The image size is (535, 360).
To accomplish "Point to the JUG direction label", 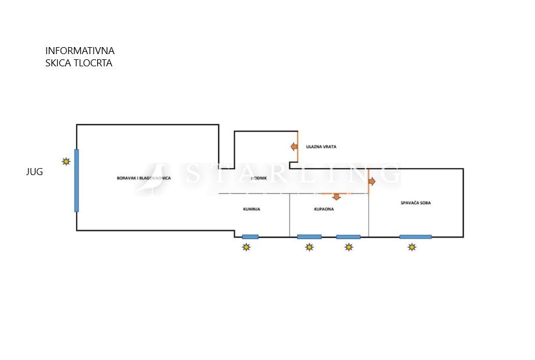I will coord(34,172).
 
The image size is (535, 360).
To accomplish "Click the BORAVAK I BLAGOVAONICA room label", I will coord(144,178).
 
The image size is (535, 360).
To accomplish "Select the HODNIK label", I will coord(259,179).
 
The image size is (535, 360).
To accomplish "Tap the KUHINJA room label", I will coord(251,209).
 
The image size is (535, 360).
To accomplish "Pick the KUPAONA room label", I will coord(324,209).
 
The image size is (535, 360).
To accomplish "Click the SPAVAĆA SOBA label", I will coord(416,203).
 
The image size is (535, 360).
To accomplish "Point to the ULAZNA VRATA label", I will coord(321,147).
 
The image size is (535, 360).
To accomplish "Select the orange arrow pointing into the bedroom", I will coord(372,181).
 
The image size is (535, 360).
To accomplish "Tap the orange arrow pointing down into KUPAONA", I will coord(336,197).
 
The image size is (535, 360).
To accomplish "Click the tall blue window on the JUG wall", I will coord(76,180).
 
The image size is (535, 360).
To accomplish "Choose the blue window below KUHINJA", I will coord(250,237).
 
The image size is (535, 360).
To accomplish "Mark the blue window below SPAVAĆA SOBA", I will coord(415,237).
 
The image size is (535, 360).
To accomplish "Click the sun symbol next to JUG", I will coord(67,161).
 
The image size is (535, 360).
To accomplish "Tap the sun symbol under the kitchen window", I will coord(247,247).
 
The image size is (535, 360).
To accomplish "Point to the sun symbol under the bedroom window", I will coord(412,247).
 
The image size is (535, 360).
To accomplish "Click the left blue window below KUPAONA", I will coord(309,237).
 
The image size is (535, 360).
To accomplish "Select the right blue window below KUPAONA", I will coord(348,237).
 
